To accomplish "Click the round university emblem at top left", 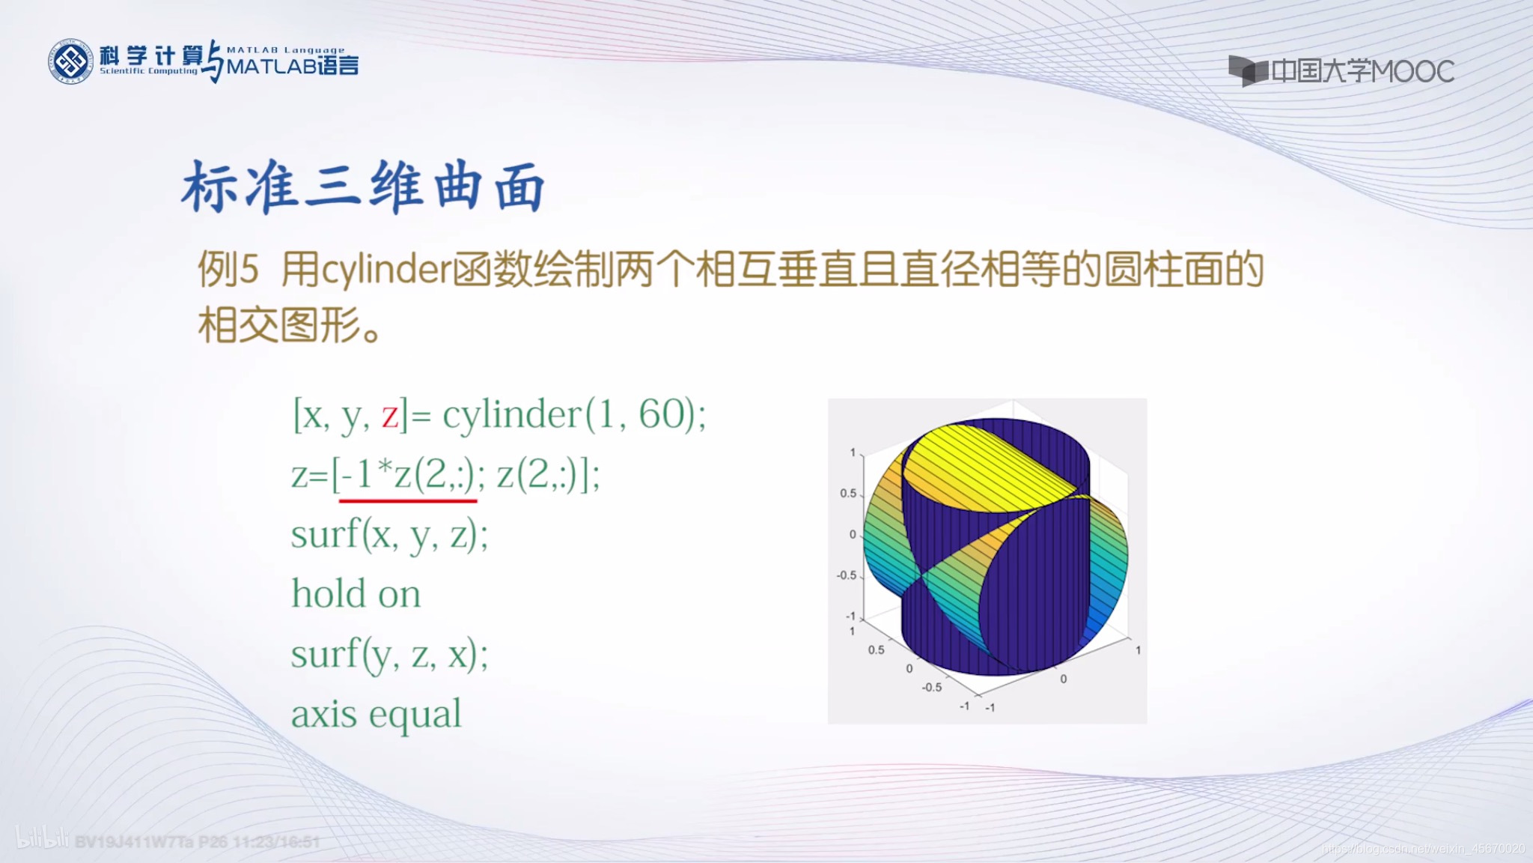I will (x=71, y=61).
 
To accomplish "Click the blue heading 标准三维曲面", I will (x=363, y=187).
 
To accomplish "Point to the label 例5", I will (x=228, y=270).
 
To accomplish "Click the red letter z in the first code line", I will (x=389, y=414).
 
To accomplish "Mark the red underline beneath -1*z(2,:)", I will (x=408, y=500).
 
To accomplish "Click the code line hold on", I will (x=356, y=594).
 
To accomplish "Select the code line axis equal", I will (x=376, y=714).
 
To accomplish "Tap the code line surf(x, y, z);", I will (x=389, y=535).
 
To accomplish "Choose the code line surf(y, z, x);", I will (x=389, y=654).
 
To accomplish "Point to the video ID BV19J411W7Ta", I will (x=135, y=842).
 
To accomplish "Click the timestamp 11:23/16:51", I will (x=277, y=842).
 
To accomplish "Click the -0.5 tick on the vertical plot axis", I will (x=846, y=575).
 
